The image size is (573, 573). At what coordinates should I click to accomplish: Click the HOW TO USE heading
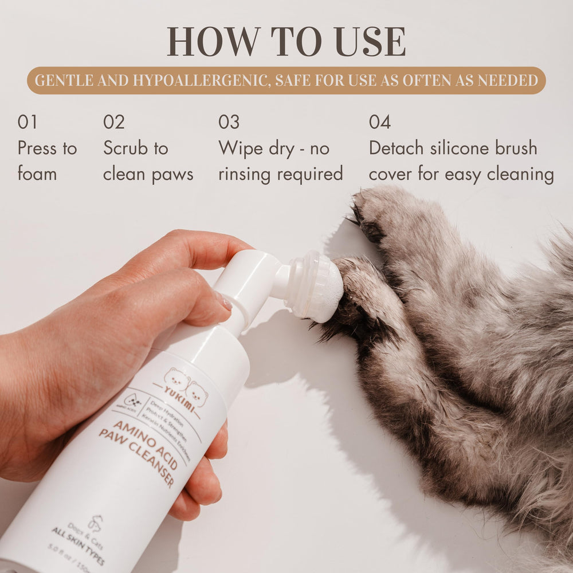(x=286, y=41)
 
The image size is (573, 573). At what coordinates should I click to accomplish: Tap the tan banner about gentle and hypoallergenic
(x=286, y=80)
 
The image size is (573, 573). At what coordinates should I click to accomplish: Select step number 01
(x=28, y=122)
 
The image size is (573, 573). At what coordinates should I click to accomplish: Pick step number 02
(x=113, y=122)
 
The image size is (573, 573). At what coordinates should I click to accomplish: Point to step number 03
(x=229, y=122)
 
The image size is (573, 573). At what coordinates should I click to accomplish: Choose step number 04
(x=380, y=122)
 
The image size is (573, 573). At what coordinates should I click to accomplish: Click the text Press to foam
(x=47, y=160)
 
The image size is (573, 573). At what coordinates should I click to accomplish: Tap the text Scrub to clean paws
(x=148, y=160)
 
